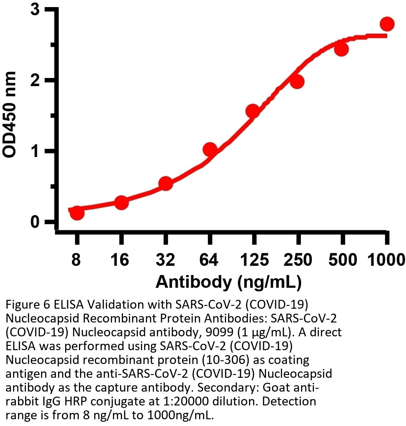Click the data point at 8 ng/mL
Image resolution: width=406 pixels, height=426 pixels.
[x=77, y=213]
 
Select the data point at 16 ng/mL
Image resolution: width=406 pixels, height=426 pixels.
[x=121, y=203]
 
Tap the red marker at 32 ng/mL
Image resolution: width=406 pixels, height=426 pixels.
[x=165, y=184]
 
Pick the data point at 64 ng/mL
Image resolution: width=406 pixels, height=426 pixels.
[x=210, y=149]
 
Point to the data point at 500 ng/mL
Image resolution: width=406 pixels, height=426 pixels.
[x=342, y=49]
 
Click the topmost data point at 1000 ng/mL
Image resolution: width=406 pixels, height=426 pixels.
[x=387, y=24]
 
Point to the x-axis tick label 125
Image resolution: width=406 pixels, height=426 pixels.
[x=254, y=260]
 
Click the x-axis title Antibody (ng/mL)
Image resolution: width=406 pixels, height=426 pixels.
[x=229, y=282]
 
